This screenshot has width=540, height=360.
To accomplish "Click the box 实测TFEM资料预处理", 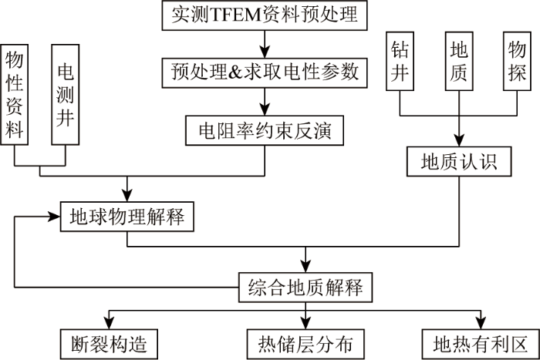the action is tap(265, 15).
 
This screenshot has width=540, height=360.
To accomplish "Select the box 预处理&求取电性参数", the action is tap(265, 72).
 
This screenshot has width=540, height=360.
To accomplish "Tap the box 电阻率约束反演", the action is tap(265, 130).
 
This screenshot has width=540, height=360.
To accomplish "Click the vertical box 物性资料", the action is tap(14, 94).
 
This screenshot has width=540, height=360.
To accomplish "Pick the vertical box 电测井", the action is tap(66, 94).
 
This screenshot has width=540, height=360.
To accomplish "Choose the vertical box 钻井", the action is tap(400, 61).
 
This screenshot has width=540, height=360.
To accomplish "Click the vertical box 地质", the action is tap(459, 61).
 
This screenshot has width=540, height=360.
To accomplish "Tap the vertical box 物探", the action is tap(517, 61).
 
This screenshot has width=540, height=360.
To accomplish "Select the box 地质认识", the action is tap(459, 161).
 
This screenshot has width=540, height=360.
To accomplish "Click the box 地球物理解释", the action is tap(127, 217).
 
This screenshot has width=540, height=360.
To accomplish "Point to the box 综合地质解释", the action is tap(305, 288).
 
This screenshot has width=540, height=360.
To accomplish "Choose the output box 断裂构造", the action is tap(110, 344).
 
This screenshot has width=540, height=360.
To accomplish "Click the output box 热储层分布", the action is tap(305, 344).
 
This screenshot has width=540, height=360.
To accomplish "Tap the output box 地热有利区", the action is tap(481, 344).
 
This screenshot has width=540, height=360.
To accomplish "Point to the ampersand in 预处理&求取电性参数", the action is tap(235, 72).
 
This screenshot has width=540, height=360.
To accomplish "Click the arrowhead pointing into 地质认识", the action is tap(459, 140).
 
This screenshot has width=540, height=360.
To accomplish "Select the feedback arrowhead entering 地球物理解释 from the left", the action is tap(54, 217).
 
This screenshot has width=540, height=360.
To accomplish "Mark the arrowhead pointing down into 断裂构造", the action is tap(110, 324).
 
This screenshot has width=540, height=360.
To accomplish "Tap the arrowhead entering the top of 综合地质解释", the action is tap(305, 267).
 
